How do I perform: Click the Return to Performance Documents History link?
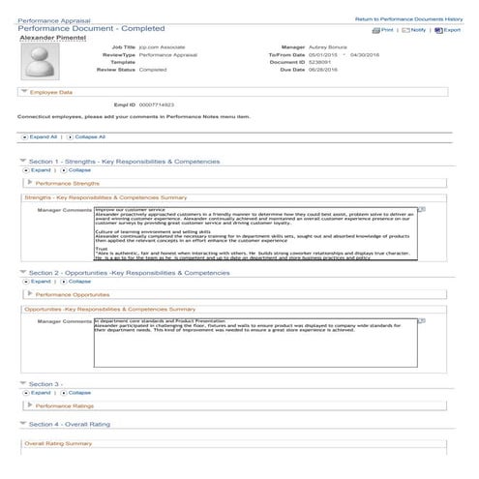point(408,19)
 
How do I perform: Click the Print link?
point(385,30)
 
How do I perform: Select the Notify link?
point(416,30)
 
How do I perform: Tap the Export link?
point(449,30)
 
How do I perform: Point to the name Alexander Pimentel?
point(50,39)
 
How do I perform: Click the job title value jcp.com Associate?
point(161,45)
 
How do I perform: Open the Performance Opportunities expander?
point(73,293)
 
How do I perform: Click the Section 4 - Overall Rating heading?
point(75,424)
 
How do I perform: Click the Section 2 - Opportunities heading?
point(129,273)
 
